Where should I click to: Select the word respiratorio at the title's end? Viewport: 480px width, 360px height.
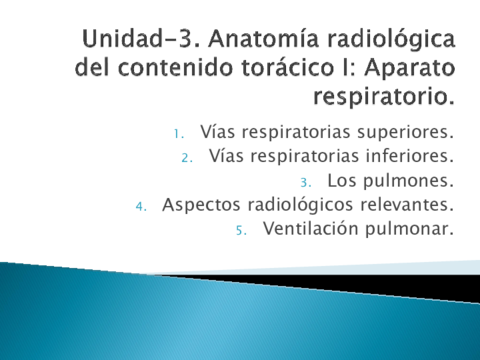pyautogui.click(x=384, y=100)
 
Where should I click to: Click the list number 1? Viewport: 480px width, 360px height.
pyautogui.click(x=178, y=133)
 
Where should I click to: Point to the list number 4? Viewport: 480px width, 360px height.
pyautogui.click(x=142, y=206)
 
